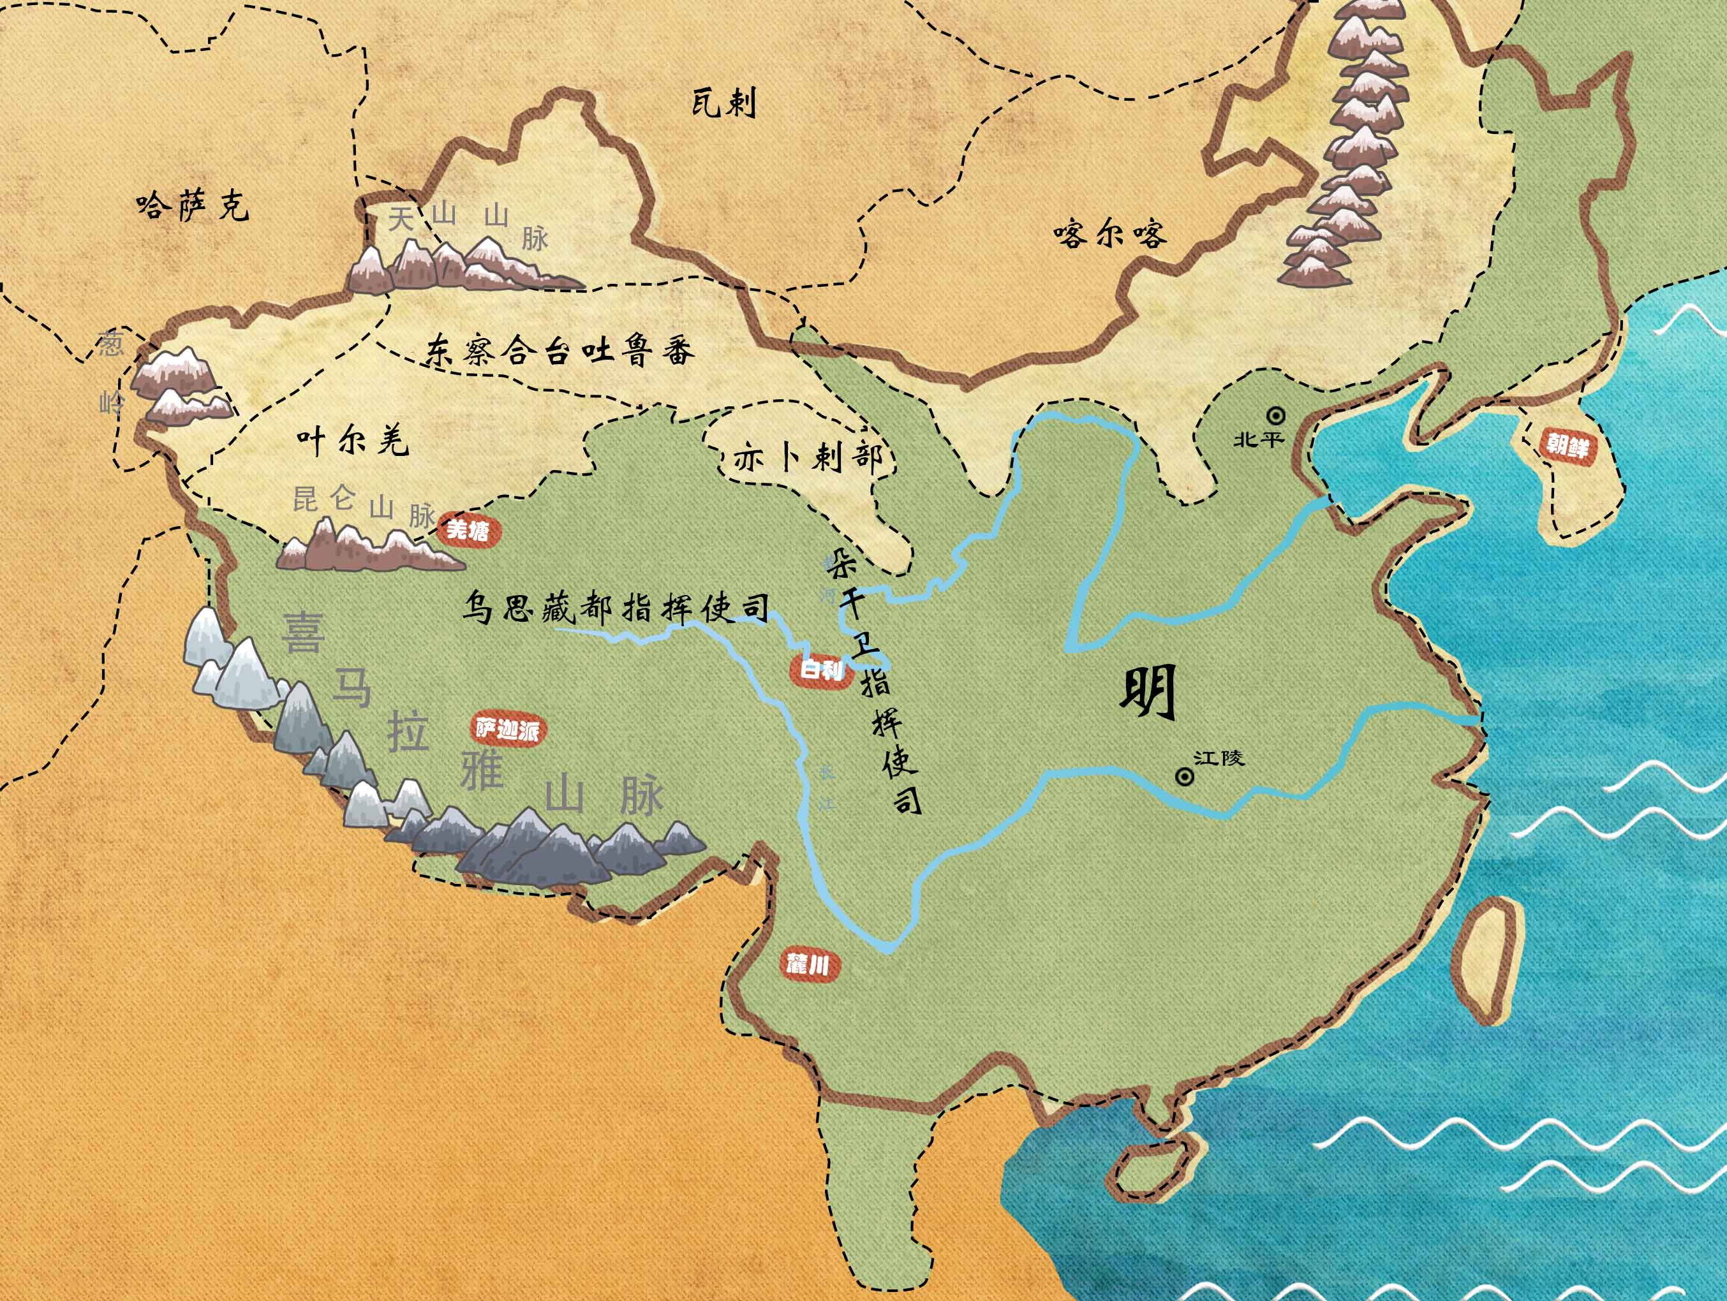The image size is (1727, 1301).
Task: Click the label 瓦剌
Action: [x=723, y=103]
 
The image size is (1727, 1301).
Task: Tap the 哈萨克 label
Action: [x=192, y=206]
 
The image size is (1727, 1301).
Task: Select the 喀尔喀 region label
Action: [x=1109, y=233]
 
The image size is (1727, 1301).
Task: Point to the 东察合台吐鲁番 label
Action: [x=559, y=351]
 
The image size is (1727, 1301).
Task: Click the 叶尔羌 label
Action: [x=352, y=442]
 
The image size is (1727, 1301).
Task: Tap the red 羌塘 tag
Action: [x=468, y=531]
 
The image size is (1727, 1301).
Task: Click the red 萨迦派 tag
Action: [x=507, y=730]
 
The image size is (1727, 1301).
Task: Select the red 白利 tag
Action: [x=821, y=670]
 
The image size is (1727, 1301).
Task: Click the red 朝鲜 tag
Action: [x=1567, y=446]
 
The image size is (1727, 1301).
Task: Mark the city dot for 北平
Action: [x=1276, y=415]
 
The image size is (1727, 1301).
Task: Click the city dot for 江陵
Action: [x=1184, y=777]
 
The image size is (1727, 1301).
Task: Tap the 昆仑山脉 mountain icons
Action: [x=367, y=547]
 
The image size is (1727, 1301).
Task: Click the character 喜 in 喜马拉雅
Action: [x=303, y=632]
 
